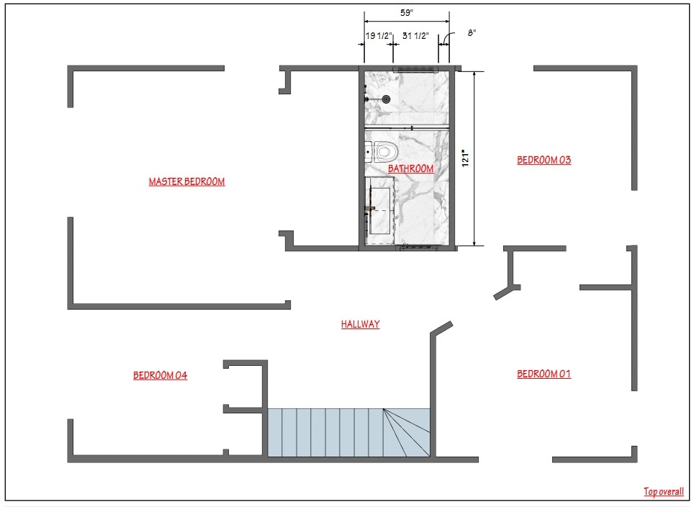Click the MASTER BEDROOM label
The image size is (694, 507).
(186, 181)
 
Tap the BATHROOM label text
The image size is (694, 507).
(410, 169)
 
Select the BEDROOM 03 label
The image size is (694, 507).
(544, 160)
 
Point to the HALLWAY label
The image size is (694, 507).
(360, 324)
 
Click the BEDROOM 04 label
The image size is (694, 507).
(160, 374)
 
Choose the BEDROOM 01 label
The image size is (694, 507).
(544, 373)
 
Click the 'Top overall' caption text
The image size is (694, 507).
(663, 491)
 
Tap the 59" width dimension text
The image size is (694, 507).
(407, 12)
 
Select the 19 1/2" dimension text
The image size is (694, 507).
(378, 35)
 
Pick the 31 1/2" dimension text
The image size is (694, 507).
(416, 35)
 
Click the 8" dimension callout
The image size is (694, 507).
(472, 32)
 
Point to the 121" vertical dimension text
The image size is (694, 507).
(467, 158)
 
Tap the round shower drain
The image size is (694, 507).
(387, 99)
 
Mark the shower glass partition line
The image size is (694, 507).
(407, 127)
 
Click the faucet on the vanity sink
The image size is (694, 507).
(369, 209)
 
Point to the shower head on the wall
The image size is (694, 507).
(367, 99)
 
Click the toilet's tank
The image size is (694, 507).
(368, 151)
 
